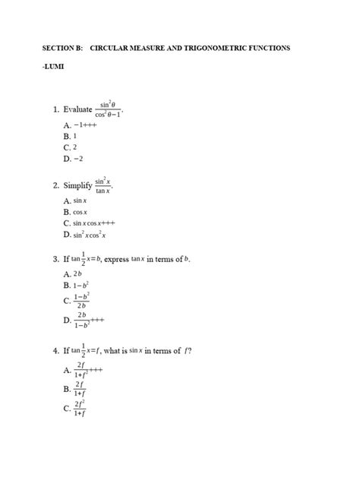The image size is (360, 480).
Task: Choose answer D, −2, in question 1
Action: pos(74,159)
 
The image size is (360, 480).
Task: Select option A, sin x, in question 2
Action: pos(77,201)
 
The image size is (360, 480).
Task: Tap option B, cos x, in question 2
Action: pos(77,212)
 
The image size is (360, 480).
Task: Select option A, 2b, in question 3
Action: pos(75,273)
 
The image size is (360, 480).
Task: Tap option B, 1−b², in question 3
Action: pos(78,286)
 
